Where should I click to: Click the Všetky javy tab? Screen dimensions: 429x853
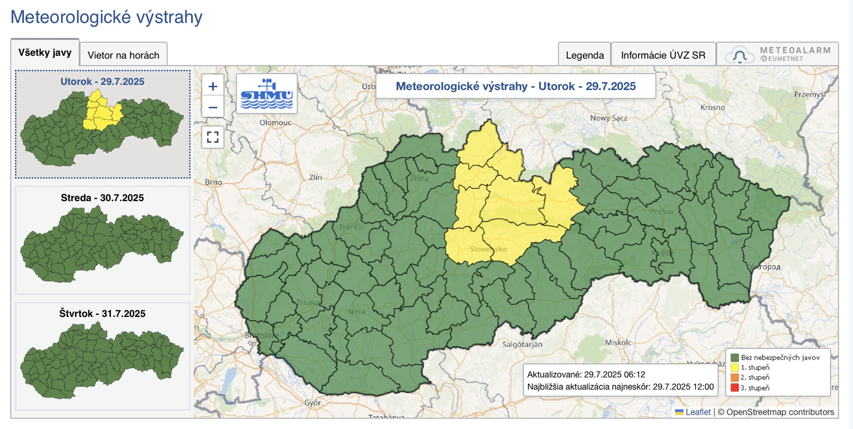[x=45, y=53]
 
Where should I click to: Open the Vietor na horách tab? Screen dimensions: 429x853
[x=123, y=55]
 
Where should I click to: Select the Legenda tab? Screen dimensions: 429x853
[x=584, y=55]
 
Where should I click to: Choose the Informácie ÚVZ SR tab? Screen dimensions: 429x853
[x=663, y=55]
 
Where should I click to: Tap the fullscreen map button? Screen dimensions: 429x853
[x=213, y=137]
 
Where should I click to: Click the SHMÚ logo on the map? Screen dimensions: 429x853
[x=267, y=94]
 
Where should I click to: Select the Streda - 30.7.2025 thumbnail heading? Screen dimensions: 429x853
[x=102, y=198]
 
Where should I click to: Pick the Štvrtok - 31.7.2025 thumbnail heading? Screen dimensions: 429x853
[x=102, y=314]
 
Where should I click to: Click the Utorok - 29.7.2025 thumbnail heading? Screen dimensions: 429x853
[x=102, y=82]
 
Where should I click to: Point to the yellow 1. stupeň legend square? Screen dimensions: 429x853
[x=735, y=368]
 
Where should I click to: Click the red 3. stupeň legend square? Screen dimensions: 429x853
[x=735, y=388]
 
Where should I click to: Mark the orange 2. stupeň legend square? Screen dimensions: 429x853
[x=735, y=378]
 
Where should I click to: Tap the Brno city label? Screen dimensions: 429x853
[x=213, y=182]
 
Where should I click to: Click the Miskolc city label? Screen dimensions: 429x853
[x=618, y=343]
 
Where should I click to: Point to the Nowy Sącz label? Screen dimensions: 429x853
[x=608, y=118]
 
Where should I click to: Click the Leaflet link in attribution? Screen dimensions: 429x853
[x=698, y=412]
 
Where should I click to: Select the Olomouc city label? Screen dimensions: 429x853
[x=275, y=123]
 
